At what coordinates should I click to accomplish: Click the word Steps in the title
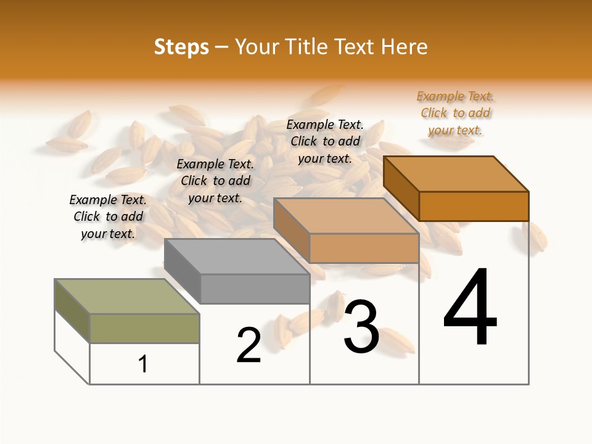(x=181, y=47)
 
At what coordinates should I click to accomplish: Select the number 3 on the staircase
(x=361, y=327)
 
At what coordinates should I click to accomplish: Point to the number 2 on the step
(x=249, y=345)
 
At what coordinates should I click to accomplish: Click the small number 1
(x=143, y=364)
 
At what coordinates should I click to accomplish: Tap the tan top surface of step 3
(x=345, y=216)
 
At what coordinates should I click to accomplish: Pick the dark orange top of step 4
(x=456, y=174)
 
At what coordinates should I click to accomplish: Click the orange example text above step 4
(x=455, y=113)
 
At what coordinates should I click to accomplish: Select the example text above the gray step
(x=215, y=181)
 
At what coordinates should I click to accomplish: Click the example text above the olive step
(x=108, y=216)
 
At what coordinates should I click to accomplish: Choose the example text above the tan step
(x=325, y=141)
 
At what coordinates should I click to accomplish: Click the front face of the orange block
(x=474, y=206)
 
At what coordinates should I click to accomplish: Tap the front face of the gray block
(x=255, y=289)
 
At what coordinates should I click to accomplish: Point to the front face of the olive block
(x=145, y=328)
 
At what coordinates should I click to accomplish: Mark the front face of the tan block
(x=364, y=248)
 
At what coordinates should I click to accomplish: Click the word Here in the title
(x=404, y=47)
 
